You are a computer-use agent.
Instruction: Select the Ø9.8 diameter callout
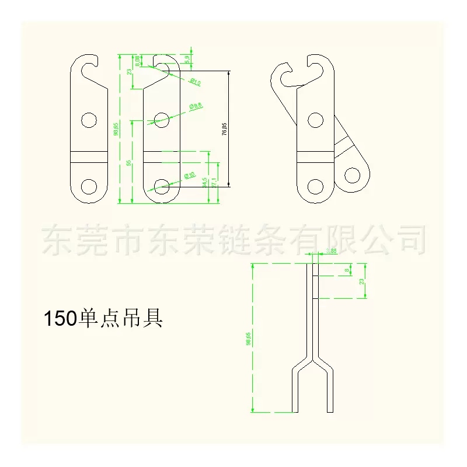click(196, 106)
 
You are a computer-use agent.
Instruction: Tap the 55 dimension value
click(129, 163)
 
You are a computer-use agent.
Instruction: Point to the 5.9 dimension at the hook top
click(187, 59)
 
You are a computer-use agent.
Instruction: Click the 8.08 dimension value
click(137, 61)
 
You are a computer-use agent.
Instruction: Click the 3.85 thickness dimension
click(331, 251)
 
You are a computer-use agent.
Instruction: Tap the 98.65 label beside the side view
click(248, 339)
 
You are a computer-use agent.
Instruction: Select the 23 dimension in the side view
click(362, 281)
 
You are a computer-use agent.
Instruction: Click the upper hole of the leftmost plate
click(89, 120)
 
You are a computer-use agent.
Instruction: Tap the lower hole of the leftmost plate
click(89, 186)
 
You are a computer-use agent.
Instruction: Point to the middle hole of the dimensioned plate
click(161, 120)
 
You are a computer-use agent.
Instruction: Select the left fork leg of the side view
click(294, 391)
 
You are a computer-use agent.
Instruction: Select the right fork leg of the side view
click(330, 391)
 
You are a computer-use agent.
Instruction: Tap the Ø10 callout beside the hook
click(194, 82)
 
